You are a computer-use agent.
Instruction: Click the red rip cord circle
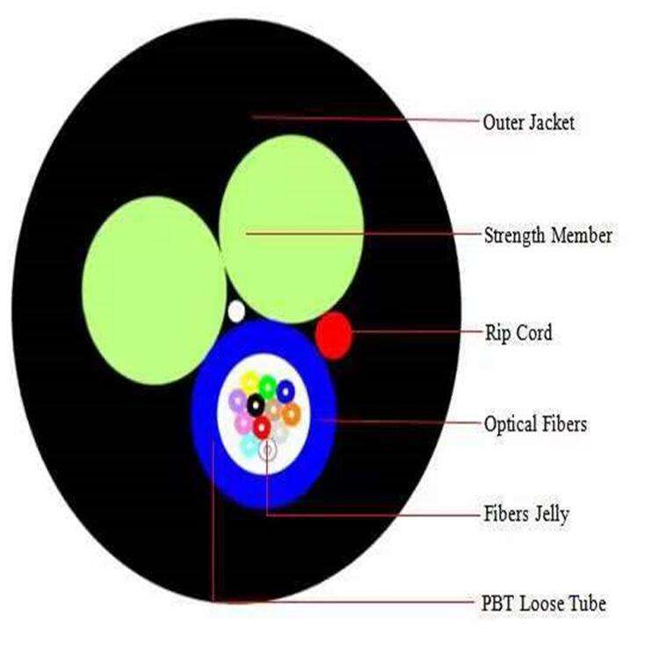[334, 335]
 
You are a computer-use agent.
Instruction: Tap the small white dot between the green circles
[235, 310]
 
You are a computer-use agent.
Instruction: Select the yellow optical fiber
[250, 382]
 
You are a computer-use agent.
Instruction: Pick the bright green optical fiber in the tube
[267, 386]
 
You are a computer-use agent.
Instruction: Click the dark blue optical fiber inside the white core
[285, 388]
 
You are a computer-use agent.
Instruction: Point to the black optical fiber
[255, 405]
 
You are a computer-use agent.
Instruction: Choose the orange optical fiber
[291, 413]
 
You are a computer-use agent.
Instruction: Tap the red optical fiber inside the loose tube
[262, 428]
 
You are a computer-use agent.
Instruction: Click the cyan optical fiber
[249, 445]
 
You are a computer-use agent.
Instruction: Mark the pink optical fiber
[243, 424]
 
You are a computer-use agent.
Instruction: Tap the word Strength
[515, 235]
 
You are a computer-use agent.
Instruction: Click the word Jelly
[550, 514]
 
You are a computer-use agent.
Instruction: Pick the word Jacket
[552, 122]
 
